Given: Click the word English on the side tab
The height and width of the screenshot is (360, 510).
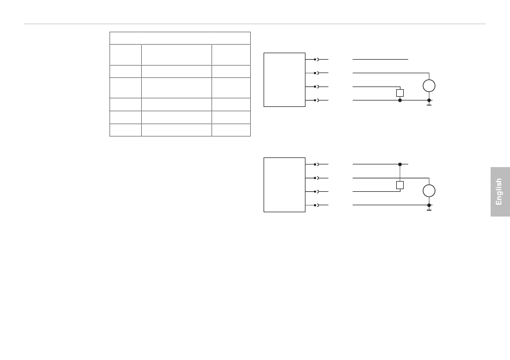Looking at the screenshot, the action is click(499, 192).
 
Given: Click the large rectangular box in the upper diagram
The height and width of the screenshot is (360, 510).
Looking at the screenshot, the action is click(285, 80).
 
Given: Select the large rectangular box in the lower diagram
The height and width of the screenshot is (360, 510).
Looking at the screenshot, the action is click(285, 184).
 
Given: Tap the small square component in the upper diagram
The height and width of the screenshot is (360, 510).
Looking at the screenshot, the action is click(400, 93).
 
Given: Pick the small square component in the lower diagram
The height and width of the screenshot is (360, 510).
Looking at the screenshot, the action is click(400, 185).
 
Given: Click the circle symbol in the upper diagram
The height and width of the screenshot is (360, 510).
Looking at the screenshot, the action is click(429, 86).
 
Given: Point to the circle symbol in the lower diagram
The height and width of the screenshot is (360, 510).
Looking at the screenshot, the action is click(429, 191).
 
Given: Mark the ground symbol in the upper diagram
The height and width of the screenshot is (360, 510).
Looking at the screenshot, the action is click(429, 104).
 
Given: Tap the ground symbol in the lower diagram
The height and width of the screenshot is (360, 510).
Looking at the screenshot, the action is click(429, 209).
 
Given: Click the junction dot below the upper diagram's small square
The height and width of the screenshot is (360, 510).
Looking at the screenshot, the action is click(400, 100).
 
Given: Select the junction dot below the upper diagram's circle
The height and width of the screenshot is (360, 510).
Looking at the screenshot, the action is click(429, 100).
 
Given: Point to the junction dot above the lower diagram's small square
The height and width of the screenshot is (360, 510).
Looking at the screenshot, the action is click(400, 164).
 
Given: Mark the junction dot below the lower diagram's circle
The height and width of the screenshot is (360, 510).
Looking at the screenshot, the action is click(429, 205).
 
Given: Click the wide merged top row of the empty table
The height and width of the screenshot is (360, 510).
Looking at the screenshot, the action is click(180, 38).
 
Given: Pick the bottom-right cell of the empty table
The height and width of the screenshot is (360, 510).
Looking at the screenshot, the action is click(231, 130).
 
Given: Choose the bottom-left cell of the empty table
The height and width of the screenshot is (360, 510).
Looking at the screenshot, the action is click(126, 130).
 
